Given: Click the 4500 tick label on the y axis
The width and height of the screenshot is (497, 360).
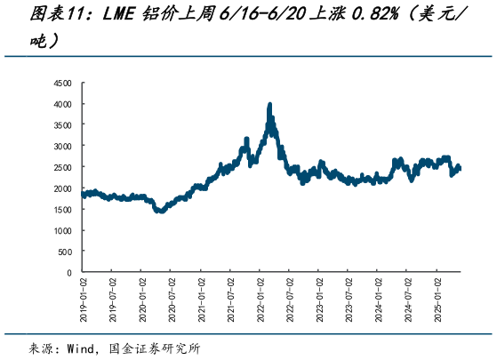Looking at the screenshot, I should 62,83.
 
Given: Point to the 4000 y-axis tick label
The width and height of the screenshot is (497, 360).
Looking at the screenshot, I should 62,104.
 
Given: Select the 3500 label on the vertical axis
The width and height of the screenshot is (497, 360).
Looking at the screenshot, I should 62,125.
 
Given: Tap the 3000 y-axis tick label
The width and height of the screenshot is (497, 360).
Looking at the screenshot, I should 62,147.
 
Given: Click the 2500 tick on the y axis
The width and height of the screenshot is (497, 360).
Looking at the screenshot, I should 62,167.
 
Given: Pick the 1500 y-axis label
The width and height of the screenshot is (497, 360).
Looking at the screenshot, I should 62,210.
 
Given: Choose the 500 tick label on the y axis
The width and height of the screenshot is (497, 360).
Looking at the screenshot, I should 65,252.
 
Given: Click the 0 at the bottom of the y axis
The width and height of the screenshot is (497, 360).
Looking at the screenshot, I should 69,273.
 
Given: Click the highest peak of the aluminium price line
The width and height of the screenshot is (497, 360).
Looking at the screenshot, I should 270,105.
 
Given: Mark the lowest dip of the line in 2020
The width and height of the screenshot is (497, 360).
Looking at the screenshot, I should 160,212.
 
